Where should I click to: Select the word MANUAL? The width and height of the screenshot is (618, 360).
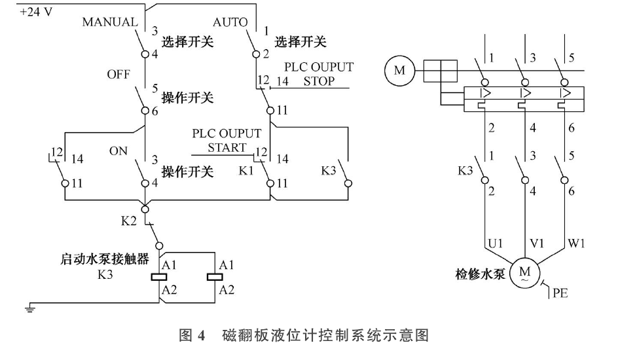tap(109, 22)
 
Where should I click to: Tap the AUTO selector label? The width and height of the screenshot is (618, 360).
tap(230, 22)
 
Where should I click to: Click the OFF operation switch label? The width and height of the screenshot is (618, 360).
tap(118, 75)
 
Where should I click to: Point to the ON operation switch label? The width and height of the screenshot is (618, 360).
tap(118, 151)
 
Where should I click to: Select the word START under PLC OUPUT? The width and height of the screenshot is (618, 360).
tap(227, 147)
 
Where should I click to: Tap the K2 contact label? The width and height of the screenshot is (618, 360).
tap(129, 221)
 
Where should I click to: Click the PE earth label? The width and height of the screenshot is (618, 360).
tap(559, 293)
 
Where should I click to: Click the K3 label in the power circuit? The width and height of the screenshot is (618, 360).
tap(466, 171)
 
